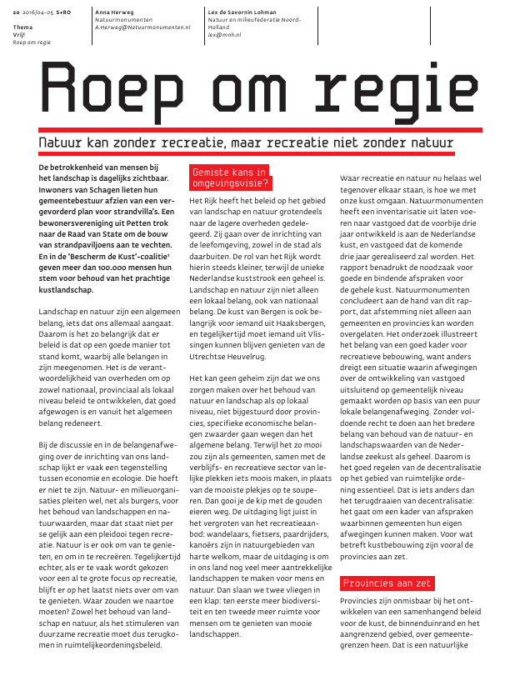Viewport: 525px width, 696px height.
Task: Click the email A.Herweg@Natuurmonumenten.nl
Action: coord(142,28)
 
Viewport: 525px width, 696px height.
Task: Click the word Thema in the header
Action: coord(22,28)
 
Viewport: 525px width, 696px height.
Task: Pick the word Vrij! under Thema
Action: coord(20,34)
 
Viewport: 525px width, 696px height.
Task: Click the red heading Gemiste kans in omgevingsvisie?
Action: coord(230,178)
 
